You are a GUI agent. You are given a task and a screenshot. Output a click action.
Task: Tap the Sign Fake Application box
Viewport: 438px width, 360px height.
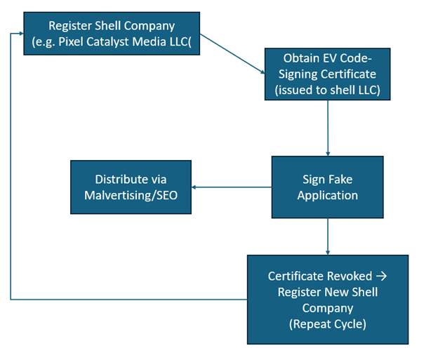[x=327, y=187]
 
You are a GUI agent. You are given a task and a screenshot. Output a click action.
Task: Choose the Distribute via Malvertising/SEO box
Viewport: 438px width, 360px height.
[x=131, y=187]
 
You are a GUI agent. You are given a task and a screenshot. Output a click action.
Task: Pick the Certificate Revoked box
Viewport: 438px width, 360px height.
[x=327, y=299]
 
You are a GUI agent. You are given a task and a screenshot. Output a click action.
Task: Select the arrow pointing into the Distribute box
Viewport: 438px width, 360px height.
[x=232, y=187]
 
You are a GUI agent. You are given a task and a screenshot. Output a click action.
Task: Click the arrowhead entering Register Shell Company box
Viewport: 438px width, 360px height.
[x=19, y=34]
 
